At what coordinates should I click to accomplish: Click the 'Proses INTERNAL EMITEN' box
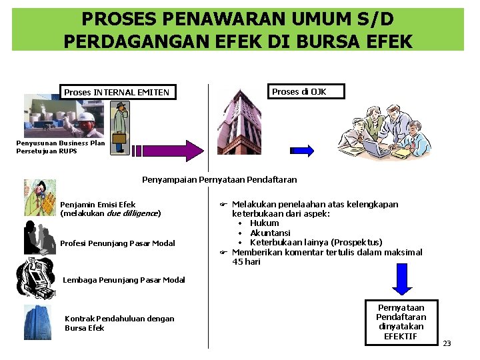[117, 91]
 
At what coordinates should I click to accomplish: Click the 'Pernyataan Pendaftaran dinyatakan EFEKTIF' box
[401, 322]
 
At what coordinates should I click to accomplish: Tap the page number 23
[447, 343]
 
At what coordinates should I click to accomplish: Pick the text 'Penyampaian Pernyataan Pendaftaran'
[219, 179]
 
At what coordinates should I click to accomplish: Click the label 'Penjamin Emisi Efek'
[97, 205]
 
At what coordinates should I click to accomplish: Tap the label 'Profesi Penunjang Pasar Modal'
[117, 243]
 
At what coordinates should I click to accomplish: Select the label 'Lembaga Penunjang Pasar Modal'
[123, 280]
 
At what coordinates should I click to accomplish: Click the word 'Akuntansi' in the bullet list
[270, 233]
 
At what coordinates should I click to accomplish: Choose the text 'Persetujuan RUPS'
[47, 151]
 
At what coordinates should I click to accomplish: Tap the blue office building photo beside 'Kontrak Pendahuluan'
[37, 323]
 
